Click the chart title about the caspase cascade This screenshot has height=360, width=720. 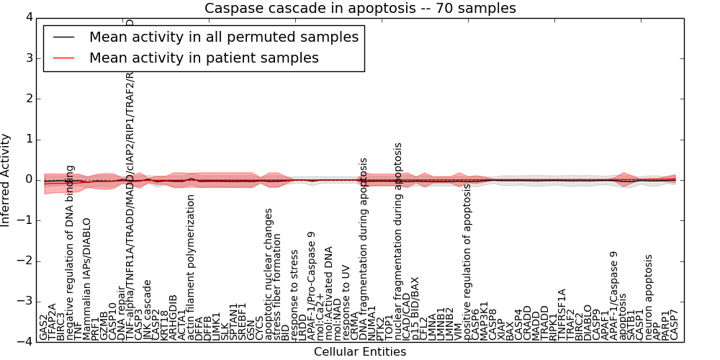pos(360,9)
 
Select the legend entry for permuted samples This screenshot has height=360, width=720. pos(223,37)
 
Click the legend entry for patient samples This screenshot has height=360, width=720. pos(204,58)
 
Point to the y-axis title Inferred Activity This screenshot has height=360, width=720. pos(6,179)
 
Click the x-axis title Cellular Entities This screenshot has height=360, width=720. pos(360,352)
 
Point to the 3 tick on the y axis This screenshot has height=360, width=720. pos(28,58)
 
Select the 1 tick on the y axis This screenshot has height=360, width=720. pos(28,139)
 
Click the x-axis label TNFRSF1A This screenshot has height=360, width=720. pos(562,314)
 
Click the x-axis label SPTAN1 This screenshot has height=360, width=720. pos(233,321)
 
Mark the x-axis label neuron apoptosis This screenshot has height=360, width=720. pos(648,297)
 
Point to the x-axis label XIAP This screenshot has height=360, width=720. pos(501,328)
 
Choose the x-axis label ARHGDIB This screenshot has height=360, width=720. pos(174,318)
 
